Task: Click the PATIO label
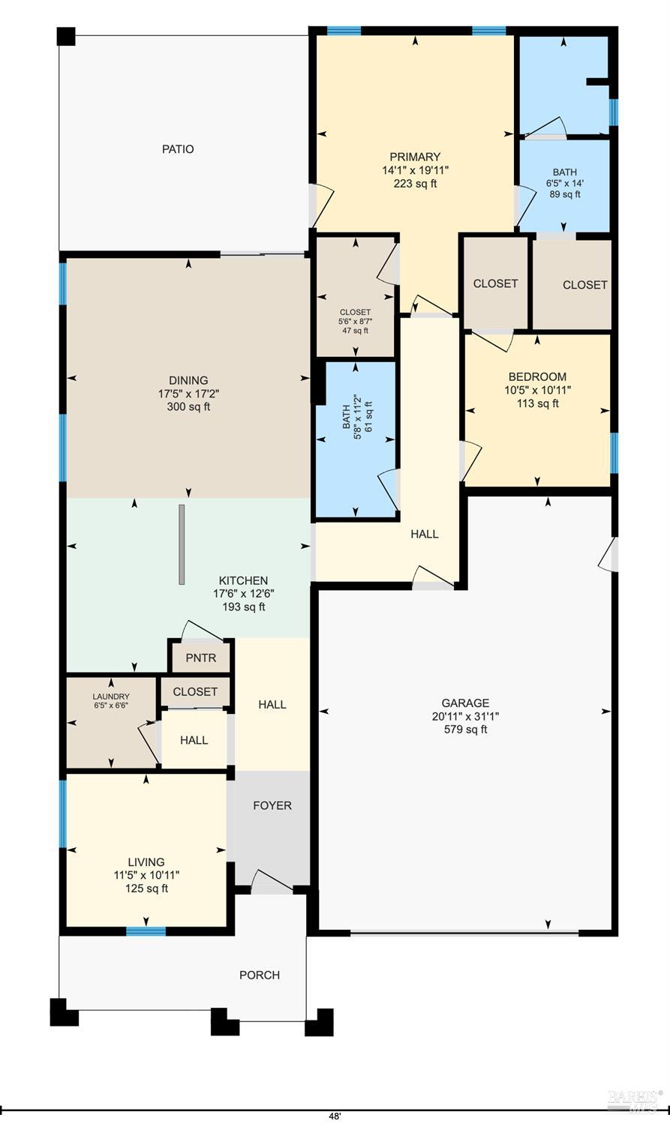pyautogui.click(x=178, y=149)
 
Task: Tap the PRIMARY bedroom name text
pyautogui.click(x=415, y=157)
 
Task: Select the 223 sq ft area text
pyautogui.click(x=415, y=184)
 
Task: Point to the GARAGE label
pyautogui.click(x=465, y=703)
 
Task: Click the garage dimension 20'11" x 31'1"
pyautogui.click(x=465, y=716)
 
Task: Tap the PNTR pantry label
pyautogui.click(x=201, y=658)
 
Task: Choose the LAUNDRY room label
pyautogui.click(x=111, y=697)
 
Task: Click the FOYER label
pyautogui.click(x=272, y=805)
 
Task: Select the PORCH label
pyautogui.click(x=260, y=975)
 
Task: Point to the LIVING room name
pyautogui.click(x=146, y=862)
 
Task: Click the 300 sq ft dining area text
pyautogui.click(x=188, y=406)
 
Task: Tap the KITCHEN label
pyautogui.click(x=243, y=580)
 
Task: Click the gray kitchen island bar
pyautogui.click(x=182, y=544)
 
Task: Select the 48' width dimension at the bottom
pyautogui.click(x=335, y=1117)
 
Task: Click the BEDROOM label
pyautogui.click(x=537, y=377)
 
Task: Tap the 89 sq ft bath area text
pyautogui.click(x=565, y=194)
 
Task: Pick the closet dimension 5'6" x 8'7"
pyautogui.click(x=355, y=321)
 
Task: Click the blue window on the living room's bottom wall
pyautogui.click(x=146, y=931)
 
